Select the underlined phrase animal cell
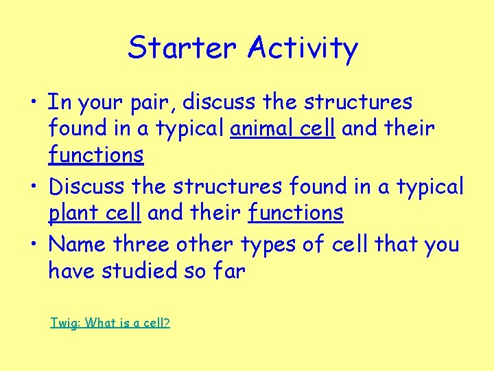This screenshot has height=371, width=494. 282,128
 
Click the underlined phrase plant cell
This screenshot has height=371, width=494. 95,214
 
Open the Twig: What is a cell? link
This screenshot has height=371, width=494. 110,322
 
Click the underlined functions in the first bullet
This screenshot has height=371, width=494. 96,155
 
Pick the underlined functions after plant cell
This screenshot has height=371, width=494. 296,214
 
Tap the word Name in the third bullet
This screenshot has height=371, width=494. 78,244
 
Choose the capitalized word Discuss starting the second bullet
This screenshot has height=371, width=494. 85,186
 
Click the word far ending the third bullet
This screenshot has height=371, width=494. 228,271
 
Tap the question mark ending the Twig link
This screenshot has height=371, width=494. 167,322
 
